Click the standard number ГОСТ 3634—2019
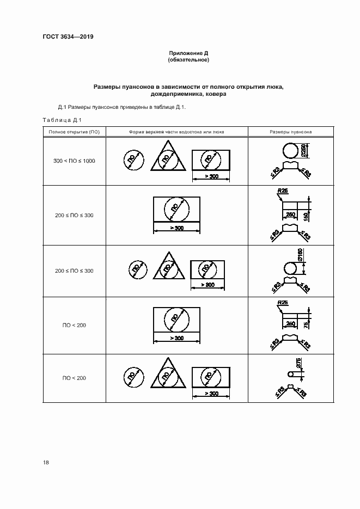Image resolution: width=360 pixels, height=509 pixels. [x=68, y=37]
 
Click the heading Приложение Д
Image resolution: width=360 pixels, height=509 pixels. [x=188, y=53]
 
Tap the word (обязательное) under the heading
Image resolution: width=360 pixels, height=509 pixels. [x=188, y=60]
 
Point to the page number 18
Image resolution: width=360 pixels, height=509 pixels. [x=46, y=462]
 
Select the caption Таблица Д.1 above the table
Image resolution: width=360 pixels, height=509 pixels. [x=62, y=120]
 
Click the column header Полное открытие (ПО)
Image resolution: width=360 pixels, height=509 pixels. [x=74, y=132]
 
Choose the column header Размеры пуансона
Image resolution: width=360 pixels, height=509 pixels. [x=291, y=132]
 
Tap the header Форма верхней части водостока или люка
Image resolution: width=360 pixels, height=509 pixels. [x=176, y=132]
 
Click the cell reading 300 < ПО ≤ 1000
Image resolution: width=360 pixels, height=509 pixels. [x=74, y=161]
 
